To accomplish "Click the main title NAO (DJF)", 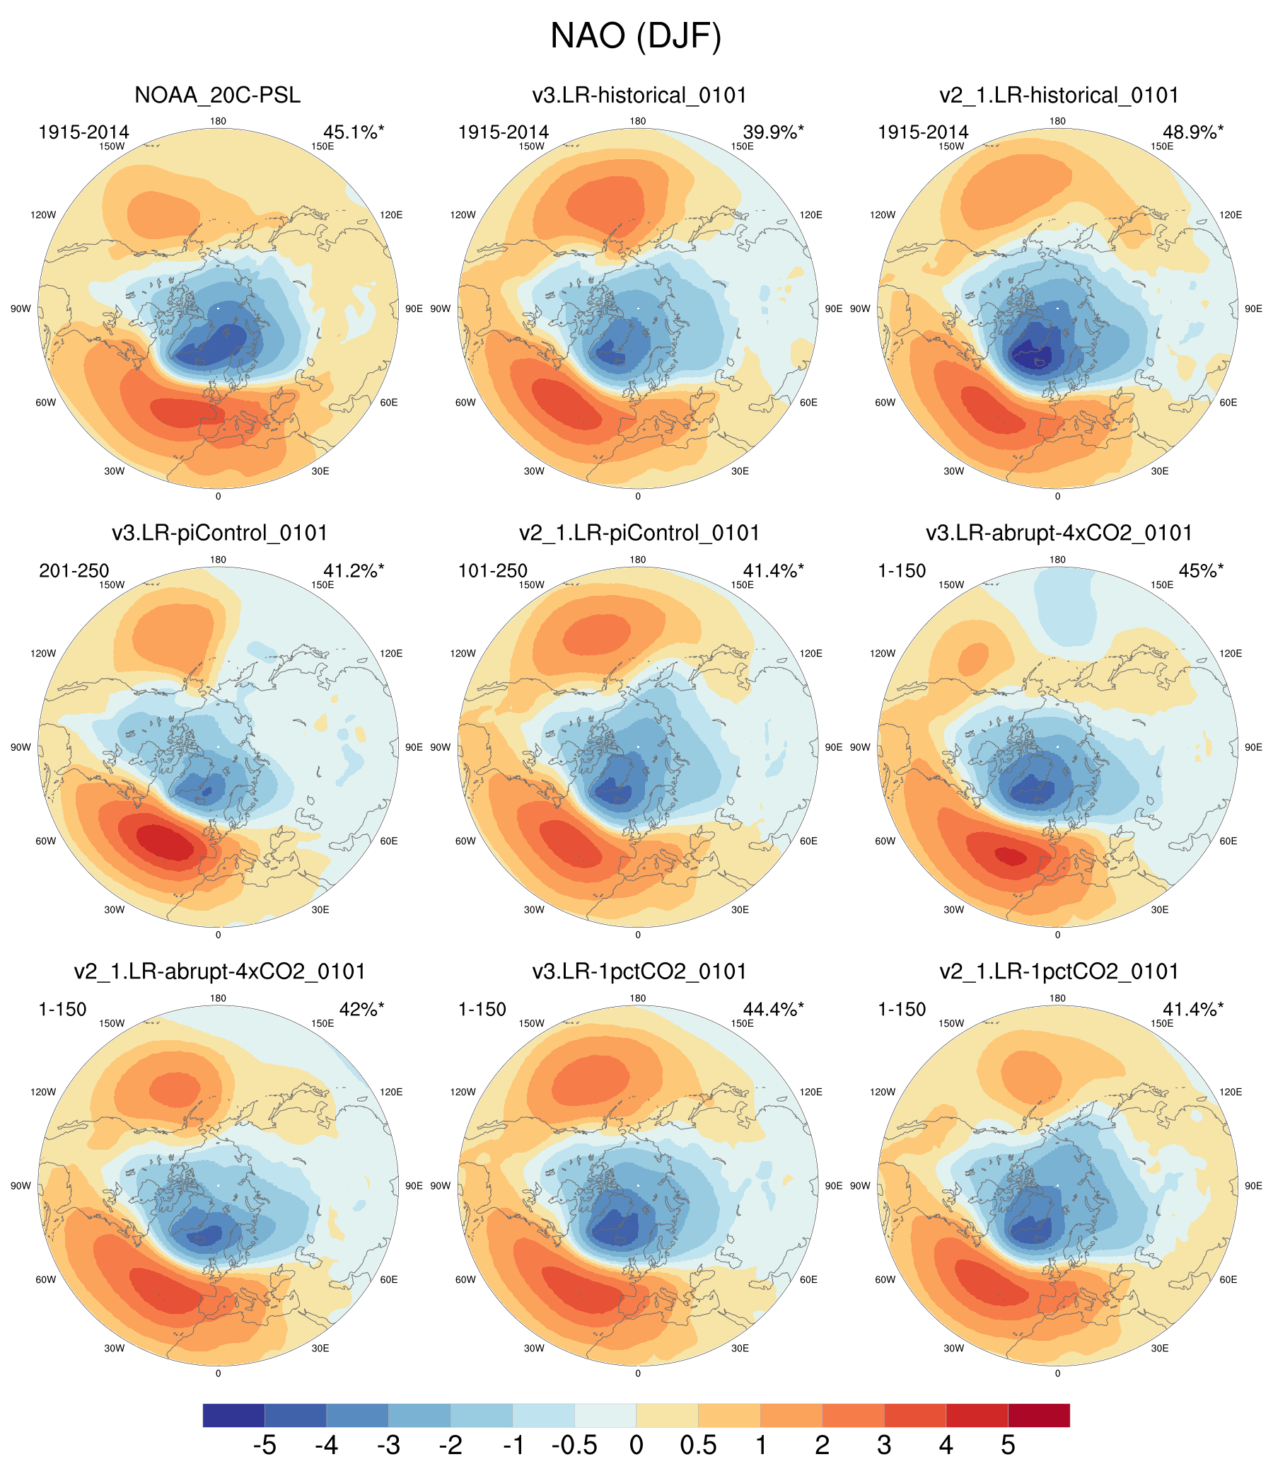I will click(x=636, y=36).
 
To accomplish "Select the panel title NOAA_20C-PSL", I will click(x=217, y=96).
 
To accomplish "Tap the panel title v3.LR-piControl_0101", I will click(x=219, y=533).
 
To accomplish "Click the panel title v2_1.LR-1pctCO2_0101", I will click(x=1059, y=971).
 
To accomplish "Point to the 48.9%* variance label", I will click(x=1193, y=132).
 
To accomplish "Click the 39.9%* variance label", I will click(x=773, y=132).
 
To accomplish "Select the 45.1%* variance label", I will click(x=353, y=132).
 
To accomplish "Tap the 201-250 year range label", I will click(x=74, y=570).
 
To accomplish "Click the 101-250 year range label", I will click(x=493, y=570).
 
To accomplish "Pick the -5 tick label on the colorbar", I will click(x=264, y=1446).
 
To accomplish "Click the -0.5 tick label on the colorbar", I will click(x=574, y=1446).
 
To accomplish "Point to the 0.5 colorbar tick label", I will click(x=698, y=1446).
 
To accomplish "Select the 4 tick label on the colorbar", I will click(x=946, y=1446).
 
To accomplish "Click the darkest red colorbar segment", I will click(x=1039, y=1414).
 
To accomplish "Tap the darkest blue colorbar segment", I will click(x=233, y=1414).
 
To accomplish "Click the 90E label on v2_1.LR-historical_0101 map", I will click(x=1253, y=309).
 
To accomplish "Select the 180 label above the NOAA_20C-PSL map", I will click(x=218, y=121).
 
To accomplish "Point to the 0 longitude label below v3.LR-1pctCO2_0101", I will click(x=637, y=1373).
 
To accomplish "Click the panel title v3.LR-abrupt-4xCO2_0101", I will click(x=1059, y=533).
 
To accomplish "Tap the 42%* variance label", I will click(x=361, y=1009).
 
